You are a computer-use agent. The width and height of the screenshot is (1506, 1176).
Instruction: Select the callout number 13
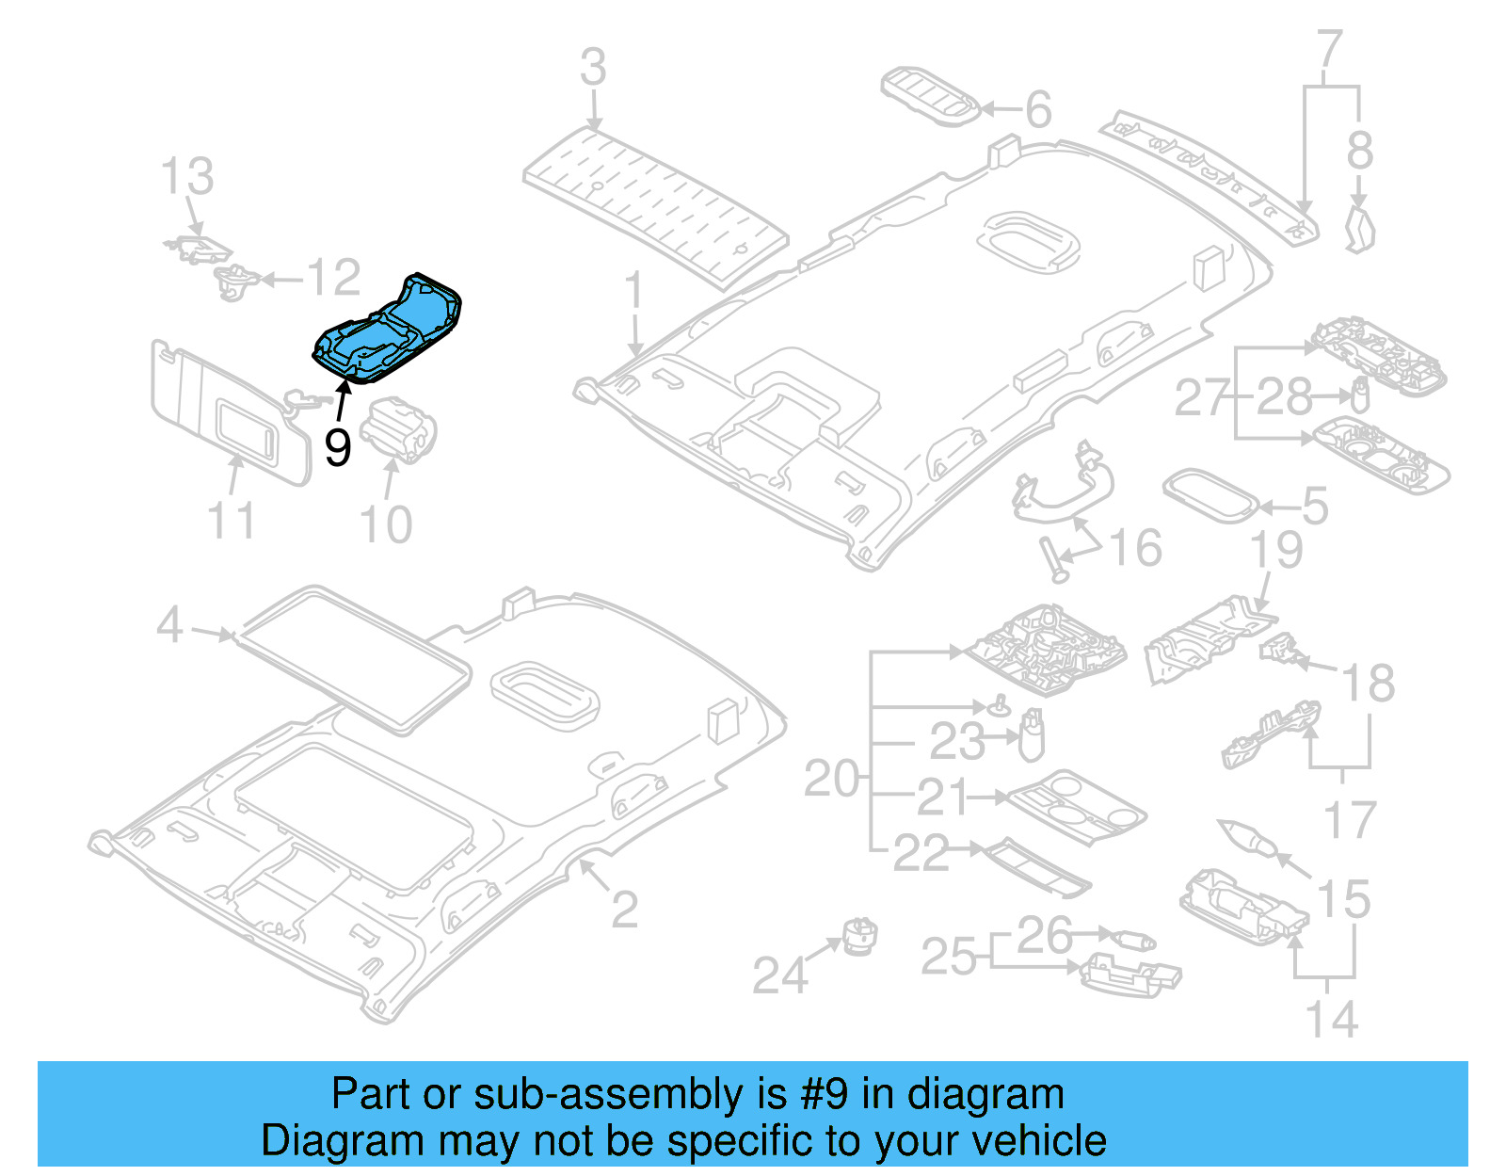[x=186, y=176]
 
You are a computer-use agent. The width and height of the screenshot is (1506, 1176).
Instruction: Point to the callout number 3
[x=593, y=68]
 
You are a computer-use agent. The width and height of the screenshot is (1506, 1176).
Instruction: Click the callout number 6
[x=1037, y=110]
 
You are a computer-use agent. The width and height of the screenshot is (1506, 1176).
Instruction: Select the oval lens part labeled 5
[x=1210, y=495]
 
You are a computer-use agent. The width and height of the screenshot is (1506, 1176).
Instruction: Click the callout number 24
[x=780, y=975]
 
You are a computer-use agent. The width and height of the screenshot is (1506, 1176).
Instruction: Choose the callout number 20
[x=831, y=780]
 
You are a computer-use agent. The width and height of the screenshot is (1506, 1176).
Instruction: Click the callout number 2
[x=624, y=909]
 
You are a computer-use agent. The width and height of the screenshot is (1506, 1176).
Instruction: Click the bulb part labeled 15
[x=1246, y=835]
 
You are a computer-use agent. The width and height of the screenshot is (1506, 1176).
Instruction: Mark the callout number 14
[x=1332, y=1020]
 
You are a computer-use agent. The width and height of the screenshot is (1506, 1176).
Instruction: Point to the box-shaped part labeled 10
[x=398, y=430]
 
